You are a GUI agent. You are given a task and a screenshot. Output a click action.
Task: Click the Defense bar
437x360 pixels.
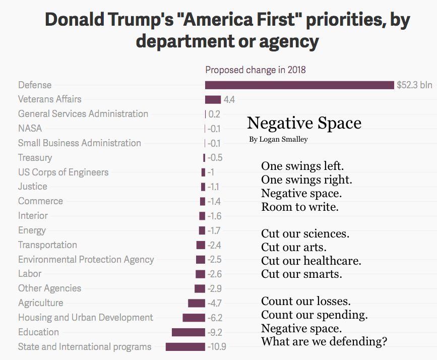(299, 85)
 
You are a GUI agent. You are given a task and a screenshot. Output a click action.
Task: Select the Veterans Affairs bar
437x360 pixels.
(213, 99)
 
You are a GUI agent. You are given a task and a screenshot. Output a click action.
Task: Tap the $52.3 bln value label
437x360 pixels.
(414, 85)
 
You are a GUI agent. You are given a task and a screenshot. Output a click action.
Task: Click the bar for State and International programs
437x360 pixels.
(185, 347)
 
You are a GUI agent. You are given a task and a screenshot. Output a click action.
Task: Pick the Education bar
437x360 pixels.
(188, 332)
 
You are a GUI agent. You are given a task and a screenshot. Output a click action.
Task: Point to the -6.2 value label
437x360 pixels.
(215, 318)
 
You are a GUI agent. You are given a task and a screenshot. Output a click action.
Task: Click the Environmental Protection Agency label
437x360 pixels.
(86, 260)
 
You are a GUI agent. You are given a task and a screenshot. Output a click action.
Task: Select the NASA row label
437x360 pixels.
(30, 128)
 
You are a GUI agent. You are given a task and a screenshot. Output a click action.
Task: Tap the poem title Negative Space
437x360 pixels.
(304, 123)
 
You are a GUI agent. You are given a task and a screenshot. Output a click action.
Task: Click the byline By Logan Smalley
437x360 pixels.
(278, 139)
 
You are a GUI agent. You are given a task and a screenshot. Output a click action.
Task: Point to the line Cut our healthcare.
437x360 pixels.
(311, 261)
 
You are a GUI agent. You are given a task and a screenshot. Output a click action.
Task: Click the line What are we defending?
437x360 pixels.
(324, 342)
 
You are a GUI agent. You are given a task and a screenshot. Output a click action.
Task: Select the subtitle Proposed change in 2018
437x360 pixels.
(255, 70)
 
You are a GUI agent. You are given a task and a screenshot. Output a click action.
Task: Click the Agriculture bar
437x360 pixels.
(196, 303)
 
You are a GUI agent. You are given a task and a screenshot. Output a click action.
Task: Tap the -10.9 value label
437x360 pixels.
(217, 347)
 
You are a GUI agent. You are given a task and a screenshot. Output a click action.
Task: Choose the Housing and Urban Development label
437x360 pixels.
(85, 318)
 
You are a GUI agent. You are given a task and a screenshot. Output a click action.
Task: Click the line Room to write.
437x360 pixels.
(299, 207)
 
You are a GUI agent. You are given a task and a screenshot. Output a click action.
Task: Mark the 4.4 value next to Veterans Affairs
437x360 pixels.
(229, 100)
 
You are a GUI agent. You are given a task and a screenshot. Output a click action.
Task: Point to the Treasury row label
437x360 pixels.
(35, 157)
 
